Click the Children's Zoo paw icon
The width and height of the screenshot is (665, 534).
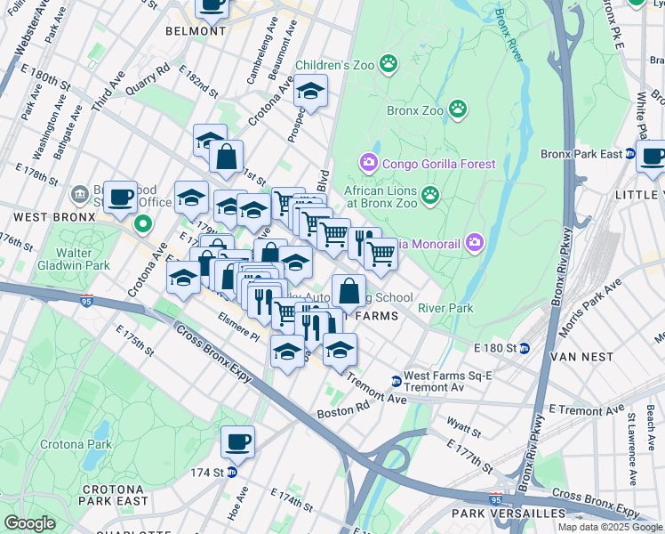pos(389,63)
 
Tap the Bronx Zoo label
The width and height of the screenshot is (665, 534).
pos(414,110)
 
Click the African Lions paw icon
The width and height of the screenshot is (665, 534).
pos(431,194)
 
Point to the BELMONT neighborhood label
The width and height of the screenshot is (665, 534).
pos(196,31)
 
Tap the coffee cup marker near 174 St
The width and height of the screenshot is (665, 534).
pos(237,441)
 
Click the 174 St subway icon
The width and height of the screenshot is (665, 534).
pos(231,473)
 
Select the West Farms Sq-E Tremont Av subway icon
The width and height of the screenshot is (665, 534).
pos(396,382)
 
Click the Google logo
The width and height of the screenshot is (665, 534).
pos(29,523)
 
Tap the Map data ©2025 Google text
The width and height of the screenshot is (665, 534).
pos(610,527)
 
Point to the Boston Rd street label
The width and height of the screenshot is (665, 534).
pos(336,414)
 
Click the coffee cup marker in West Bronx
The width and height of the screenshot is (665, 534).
pos(120,197)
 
